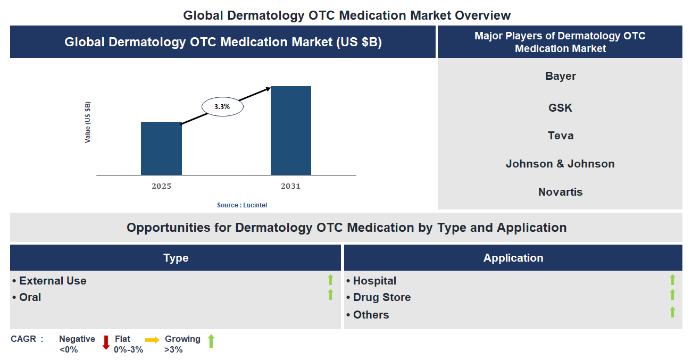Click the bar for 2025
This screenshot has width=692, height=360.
(161, 148)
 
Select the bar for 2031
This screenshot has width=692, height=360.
(291, 130)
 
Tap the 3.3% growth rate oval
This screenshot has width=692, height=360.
(222, 107)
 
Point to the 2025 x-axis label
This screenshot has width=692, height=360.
(161, 186)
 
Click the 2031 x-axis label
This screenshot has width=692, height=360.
(291, 186)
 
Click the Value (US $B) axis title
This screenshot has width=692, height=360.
(88, 122)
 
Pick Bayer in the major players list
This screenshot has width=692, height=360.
(560, 76)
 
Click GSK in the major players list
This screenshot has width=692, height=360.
(560, 108)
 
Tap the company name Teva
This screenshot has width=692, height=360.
(560, 136)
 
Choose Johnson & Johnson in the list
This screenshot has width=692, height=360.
(560, 164)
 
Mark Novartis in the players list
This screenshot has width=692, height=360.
(560, 192)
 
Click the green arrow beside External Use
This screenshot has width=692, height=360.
(330, 280)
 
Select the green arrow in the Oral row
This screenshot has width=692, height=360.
(330, 295)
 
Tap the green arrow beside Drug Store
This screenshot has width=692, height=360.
(672, 295)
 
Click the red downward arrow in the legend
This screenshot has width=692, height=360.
(106, 342)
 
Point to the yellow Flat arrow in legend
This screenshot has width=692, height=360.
(152, 340)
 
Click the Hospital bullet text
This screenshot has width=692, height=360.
(374, 281)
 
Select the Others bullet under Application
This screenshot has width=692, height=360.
(371, 315)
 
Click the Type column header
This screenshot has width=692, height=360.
(176, 258)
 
